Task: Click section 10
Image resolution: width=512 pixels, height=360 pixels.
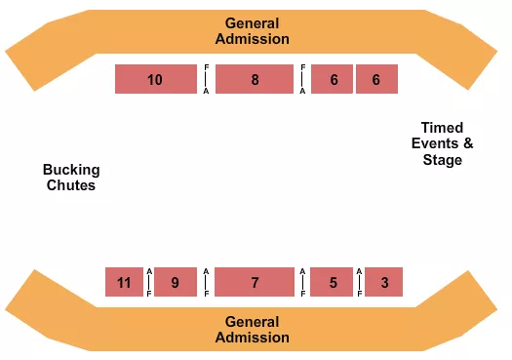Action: coord(156,79)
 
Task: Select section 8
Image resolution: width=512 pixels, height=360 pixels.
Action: coord(255,79)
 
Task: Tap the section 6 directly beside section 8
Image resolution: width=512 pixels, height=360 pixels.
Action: coord(334,79)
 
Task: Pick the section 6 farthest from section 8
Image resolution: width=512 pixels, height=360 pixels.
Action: coord(376,79)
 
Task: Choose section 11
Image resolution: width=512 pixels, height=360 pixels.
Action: coord(124,282)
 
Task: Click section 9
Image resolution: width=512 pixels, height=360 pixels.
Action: coord(176,282)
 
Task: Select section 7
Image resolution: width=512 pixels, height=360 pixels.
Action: coord(255,282)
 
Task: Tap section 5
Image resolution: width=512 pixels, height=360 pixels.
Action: coord(334,282)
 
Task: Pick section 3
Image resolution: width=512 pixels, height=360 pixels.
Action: coord(384,282)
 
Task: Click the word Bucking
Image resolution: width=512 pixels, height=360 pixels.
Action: coord(70,170)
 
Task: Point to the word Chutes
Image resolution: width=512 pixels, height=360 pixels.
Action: coord(70,184)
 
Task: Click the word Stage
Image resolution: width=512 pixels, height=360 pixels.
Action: coord(442,160)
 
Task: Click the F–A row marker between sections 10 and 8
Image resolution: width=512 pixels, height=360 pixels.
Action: coord(206,79)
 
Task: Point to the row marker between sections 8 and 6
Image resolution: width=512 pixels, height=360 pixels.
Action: coord(303,79)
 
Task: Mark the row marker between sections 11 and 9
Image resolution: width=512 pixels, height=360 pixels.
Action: coord(148,282)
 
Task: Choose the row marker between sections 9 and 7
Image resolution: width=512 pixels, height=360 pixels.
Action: coord(206,282)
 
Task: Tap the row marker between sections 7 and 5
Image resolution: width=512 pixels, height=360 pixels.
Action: coord(303,282)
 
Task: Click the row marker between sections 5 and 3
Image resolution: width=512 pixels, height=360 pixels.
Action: coord(359,282)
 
